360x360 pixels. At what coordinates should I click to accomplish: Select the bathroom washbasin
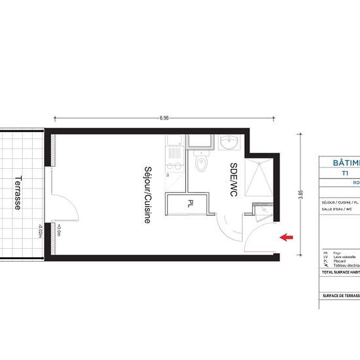[x=230, y=142]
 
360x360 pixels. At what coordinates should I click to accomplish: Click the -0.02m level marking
[x=40, y=232]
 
